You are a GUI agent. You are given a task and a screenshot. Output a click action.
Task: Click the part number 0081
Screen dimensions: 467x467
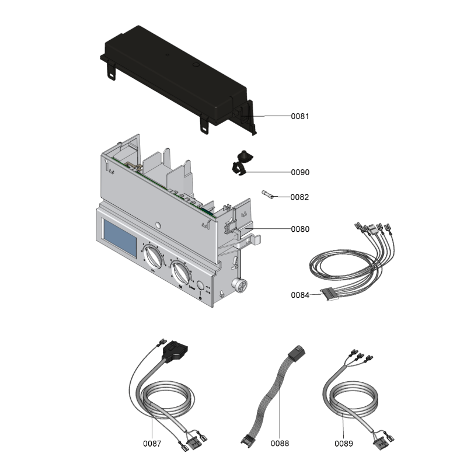[x=300, y=116]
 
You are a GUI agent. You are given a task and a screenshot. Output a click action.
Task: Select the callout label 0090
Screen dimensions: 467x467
[x=300, y=173]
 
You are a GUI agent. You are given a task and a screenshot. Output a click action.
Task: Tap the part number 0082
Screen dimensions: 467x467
[x=300, y=197]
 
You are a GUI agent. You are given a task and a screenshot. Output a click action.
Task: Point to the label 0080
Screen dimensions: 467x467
[x=300, y=229]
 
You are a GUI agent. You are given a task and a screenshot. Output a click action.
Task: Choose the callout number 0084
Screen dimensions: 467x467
[x=300, y=295]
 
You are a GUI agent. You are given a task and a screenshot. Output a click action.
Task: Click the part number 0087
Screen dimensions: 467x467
[x=152, y=444]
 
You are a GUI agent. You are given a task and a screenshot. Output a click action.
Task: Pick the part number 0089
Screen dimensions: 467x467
[x=344, y=444]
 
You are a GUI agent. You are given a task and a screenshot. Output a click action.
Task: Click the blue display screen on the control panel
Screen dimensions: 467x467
[x=120, y=238]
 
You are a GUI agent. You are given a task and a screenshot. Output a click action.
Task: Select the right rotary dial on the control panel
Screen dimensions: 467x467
[x=182, y=271]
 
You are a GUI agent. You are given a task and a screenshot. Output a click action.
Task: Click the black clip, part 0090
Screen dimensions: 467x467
[x=240, y=162]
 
